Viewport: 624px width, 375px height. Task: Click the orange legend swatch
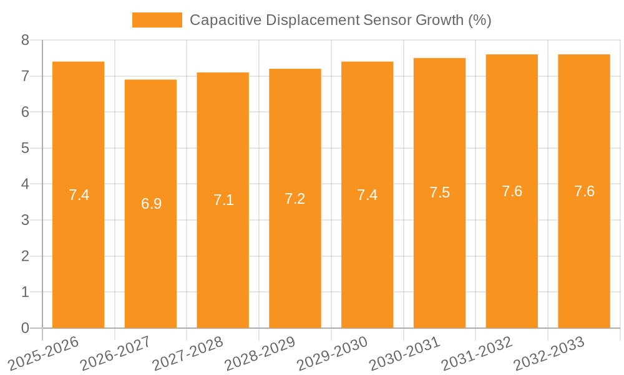(x=157, y=20)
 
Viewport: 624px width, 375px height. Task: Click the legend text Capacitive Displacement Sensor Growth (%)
(x=340, y=20)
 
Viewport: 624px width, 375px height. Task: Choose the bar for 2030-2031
(x=439, y=193)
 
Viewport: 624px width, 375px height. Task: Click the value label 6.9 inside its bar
(x=151, y=204)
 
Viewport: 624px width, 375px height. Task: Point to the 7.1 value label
(x=223, y=200)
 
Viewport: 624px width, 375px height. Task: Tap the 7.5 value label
(x=439, y=192)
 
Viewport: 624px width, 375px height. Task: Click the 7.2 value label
(x=295, y=199)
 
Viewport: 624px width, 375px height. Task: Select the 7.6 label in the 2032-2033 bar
(x=584, y=191)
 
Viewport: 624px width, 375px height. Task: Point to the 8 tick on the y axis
(x=25, y=40)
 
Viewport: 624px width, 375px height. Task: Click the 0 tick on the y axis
(x=25, y=328)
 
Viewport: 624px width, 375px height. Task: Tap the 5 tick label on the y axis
(x=25, y=148)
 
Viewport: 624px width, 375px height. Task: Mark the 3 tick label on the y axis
(x=25, y=220)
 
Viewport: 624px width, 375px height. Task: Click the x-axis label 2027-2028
(x=188, y=354)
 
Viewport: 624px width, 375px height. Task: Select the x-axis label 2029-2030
(x=332, y=354)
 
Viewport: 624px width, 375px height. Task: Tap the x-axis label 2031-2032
(x=477, y=354)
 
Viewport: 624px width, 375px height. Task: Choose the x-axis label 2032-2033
(x=549, y=354)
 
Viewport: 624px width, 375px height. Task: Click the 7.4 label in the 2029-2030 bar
(x=368, y=195)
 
